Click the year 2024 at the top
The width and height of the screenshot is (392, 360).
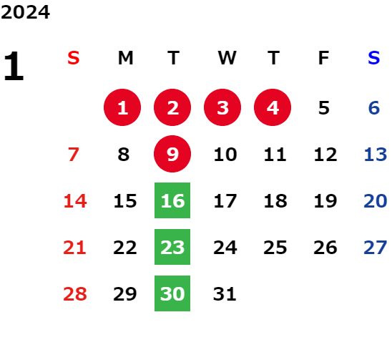click(25, 12)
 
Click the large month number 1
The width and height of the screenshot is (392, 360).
click(14, 66)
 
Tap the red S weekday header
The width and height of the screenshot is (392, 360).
click(74, 58)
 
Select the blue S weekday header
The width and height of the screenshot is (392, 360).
click(373, 58)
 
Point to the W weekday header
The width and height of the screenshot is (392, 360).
click(227, 58)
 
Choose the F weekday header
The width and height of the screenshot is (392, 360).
click(323, 58)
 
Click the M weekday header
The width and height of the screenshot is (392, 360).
click(125, 58)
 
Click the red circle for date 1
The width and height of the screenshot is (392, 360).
click(122, 107)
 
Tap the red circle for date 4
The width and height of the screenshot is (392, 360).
click(273, 107)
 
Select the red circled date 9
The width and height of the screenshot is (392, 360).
click(172, 154)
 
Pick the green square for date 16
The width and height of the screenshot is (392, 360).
click(172, 200)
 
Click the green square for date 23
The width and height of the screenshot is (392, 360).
click(172, 247)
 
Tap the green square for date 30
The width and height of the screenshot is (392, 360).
click(172, 293)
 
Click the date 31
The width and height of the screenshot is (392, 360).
click(225, 294)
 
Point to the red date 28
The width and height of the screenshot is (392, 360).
click(75, 294)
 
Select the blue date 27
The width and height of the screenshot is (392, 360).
click(376, 248)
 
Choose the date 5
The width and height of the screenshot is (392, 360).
click(324, 108)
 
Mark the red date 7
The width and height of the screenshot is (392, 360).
click(74, 155)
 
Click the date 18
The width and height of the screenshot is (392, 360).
click(275, 201)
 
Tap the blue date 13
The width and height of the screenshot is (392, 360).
click(376, 155)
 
